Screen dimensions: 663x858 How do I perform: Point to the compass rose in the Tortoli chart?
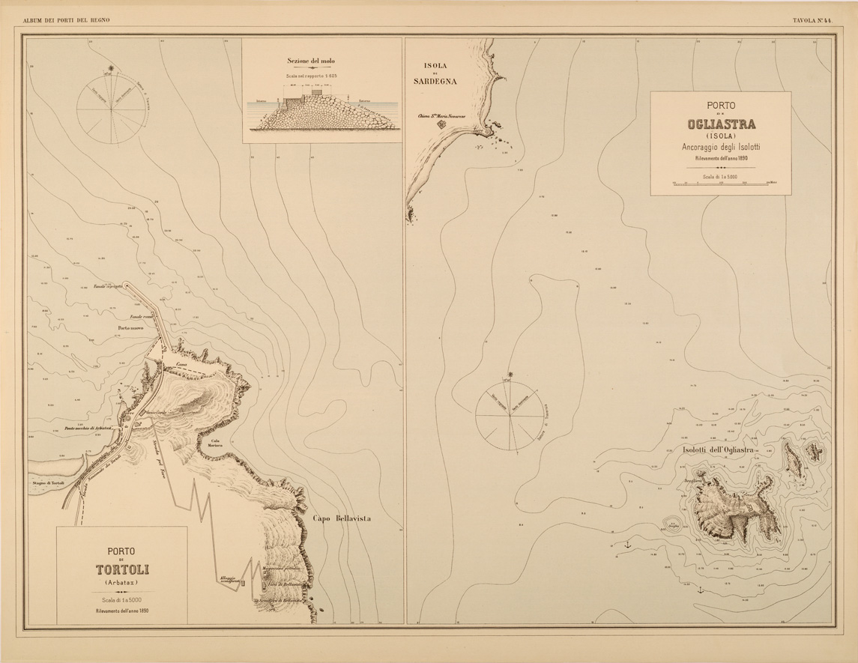click(x=111, y=109)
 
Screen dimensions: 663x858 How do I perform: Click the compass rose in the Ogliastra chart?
click(x=510, y=413)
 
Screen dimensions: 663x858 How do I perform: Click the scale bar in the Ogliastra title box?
click(x=720, y=182)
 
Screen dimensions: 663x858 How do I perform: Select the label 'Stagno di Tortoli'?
click(x=49, y=485)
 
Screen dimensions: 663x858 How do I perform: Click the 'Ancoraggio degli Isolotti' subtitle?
click(x=720, y=146)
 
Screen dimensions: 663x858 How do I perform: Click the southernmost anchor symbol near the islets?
click(x=700, y=590)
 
